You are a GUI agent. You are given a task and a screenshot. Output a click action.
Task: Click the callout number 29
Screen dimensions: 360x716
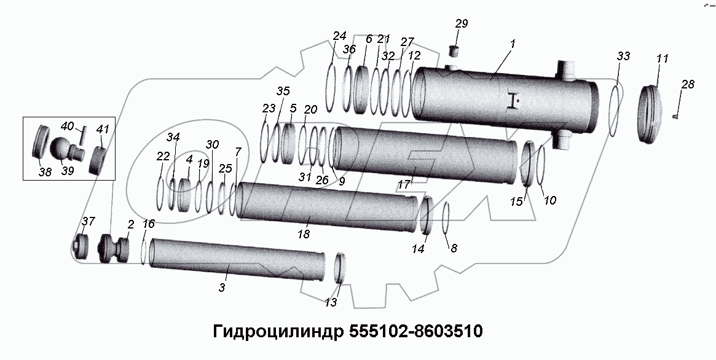462,24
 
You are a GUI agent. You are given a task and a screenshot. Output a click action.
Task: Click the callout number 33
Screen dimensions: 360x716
623,56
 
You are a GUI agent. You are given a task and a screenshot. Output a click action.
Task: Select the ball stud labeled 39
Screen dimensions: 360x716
61,149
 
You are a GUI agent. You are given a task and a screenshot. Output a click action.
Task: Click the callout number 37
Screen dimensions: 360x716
89,221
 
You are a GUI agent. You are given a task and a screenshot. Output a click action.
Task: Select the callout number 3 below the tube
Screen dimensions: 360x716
222,287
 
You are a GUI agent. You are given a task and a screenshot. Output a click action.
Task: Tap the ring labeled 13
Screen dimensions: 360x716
339,268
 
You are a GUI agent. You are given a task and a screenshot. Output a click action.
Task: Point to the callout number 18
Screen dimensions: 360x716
303,235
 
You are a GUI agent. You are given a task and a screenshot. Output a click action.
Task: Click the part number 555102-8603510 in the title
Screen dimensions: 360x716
415,332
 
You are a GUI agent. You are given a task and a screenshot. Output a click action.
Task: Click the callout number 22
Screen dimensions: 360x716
162,157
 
